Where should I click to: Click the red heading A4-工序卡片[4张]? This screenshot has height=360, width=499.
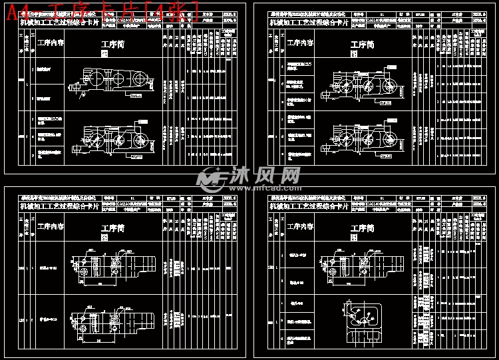(x=100, y=11)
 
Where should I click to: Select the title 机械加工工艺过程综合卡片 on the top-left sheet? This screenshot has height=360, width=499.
(x=61, y=22)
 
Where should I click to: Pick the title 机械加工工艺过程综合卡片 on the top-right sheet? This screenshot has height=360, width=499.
(x=309, y=22)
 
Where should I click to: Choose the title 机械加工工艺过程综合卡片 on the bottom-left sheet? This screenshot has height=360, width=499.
(x=61, y=206)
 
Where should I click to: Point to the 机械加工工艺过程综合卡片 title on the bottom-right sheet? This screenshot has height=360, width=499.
(x=309, y=207)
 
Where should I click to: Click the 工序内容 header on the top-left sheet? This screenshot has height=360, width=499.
(x=51, y=43)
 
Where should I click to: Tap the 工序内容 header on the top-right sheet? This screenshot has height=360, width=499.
(x=301, y=43)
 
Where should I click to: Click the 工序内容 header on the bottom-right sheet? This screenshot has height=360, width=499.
(x=301, y=228)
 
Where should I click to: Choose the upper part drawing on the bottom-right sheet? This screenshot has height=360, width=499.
(x=349, y=264)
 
